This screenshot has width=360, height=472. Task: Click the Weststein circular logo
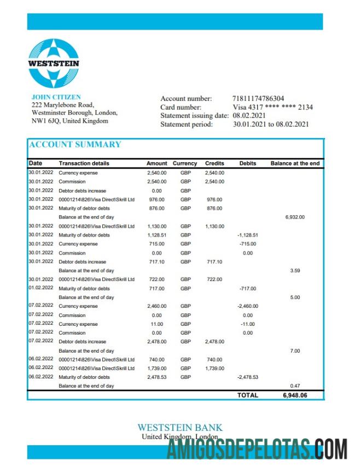point(54,63)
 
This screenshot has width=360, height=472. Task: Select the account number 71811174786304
point(258,99)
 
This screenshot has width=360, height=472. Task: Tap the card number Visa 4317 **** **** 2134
point(272,107)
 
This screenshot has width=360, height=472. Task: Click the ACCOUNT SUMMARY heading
point(75,145)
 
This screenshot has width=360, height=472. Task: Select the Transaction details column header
point(84,163)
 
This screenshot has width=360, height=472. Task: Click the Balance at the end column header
point(295,163)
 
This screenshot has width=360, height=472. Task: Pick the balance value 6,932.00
point(295,217)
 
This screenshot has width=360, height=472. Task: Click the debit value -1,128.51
point(247,235)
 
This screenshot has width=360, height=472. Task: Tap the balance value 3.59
point(295,270)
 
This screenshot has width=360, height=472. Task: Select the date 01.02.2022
point(41,288)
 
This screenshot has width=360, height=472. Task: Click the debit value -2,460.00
point(247,306)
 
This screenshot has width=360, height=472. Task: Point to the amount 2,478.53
point(156,377)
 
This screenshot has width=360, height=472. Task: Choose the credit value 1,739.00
point(214,369)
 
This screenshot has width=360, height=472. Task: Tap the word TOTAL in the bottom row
point(248,395)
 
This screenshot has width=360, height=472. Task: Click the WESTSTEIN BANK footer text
point(179,428)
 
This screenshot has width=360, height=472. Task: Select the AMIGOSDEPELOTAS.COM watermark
point(257,450)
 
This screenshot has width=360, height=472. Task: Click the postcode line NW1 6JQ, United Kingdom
point(70,121)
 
